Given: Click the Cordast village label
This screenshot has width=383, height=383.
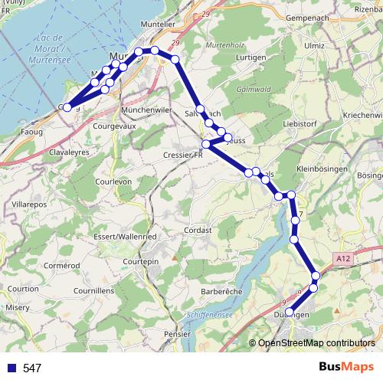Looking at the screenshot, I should (x=197, y=230).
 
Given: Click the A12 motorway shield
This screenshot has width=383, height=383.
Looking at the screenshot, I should (x=343, y=260).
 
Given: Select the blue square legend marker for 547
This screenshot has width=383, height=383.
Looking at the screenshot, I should (x=8, y=368).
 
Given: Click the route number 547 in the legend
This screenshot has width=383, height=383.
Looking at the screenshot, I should (x=31, y=368).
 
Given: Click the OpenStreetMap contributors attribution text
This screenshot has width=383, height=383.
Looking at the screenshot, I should (x=316, y=342).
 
